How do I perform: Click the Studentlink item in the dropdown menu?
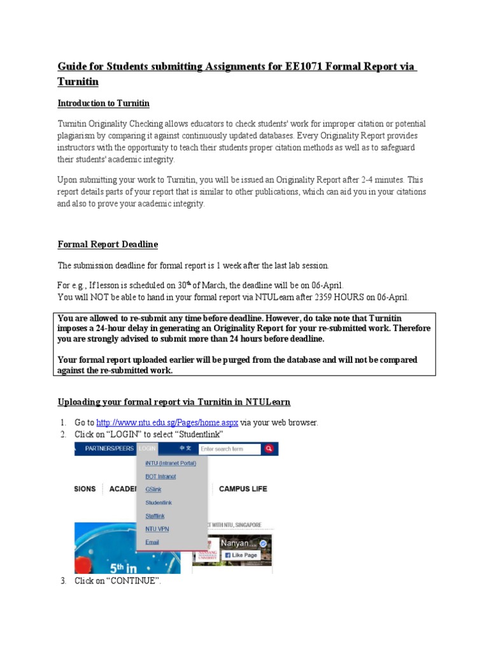point(159,503)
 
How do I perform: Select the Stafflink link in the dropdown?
point(155,515)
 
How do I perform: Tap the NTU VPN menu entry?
point(157,529)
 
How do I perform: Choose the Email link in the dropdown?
point(152,542)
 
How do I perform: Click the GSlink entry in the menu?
point(153,489)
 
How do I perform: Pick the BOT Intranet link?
point(160,476)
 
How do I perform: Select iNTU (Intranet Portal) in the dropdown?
point(171,463)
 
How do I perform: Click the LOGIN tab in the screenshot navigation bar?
point(147,449)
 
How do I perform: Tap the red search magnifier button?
point(270,449)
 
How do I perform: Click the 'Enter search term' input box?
point(230,449)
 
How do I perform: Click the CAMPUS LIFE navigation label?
point(243,489)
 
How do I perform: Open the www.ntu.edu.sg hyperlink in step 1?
point(167,422)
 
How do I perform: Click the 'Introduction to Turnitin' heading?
point(104,103)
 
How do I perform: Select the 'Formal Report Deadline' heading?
point(108,244)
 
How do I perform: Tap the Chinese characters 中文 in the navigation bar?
point(185,449)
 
